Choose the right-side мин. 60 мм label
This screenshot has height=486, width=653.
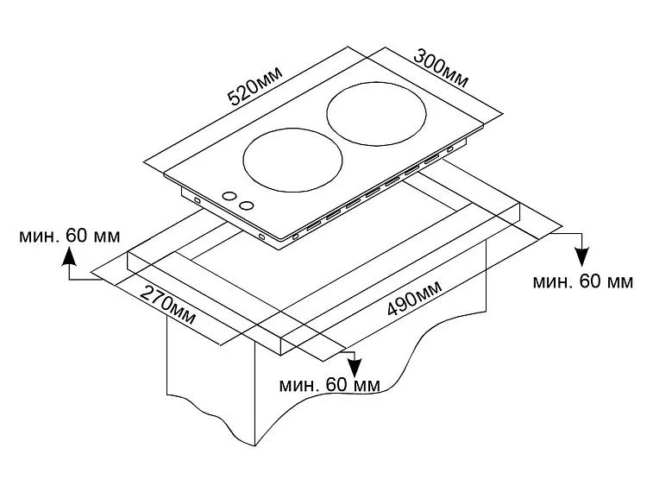point(582,281)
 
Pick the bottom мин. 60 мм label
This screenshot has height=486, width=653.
point(329,384)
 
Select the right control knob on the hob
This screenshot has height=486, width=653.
point(248,205)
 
